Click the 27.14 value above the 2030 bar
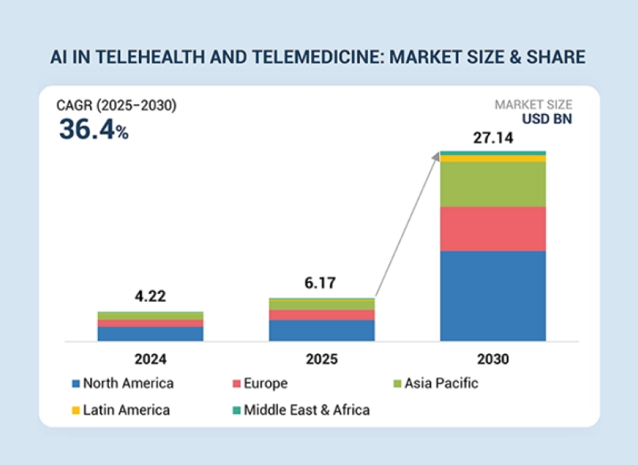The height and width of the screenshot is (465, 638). coord(492,138)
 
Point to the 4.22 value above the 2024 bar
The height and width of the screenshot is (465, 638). coord(150,297)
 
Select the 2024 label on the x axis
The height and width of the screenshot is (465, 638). coord(150,359)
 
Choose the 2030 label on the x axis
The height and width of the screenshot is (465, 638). coord(493,359)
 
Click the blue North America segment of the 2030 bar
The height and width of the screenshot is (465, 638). coord(493,295)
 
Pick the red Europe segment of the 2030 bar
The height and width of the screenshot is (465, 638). coord(493,228)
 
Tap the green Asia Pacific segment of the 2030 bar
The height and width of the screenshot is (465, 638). coord(493,184)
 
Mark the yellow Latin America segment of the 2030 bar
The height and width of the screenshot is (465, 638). coord(493,159)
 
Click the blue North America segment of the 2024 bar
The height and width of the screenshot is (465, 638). coord(150,333)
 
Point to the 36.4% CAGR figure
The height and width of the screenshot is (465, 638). coord(93,129)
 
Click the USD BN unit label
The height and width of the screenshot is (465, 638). coord(547,119)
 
